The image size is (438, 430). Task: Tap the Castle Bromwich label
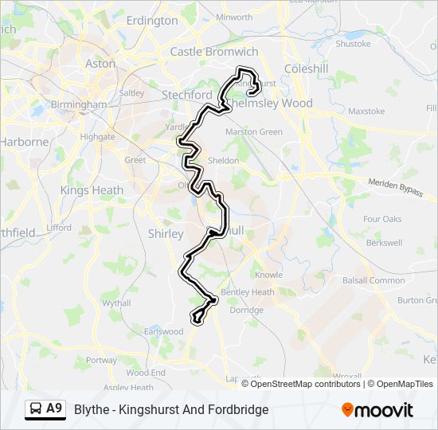[x=214, y=52]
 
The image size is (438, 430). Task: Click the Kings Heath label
[x=92, y=190]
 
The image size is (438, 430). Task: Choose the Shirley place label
[x=166, y=233]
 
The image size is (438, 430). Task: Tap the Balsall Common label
[x=373, y=280]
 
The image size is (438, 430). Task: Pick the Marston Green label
[x=254, y=131]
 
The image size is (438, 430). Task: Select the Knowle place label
[x=268, y=275]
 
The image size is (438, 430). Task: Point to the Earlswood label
[x=162, y=331]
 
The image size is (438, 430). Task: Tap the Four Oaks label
[x=382, y=219]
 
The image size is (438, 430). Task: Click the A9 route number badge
[x=53, y=408]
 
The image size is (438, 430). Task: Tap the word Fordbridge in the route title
[x=237, y=409]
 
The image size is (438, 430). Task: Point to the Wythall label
[x=116, y=303]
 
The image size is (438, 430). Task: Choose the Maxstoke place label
[x=366, y=111]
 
